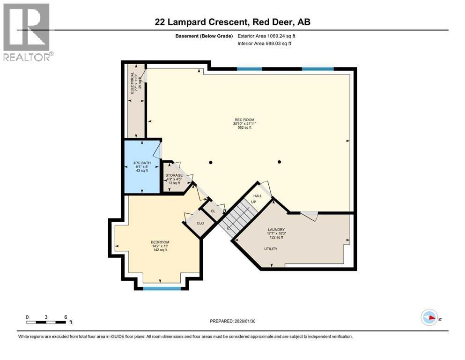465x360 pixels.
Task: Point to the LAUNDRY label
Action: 276,230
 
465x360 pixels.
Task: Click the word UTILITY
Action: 271,249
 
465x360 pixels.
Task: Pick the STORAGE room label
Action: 174,175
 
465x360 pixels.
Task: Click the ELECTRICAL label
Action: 132,82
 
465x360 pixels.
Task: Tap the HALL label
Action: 258,196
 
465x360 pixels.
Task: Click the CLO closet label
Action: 199,223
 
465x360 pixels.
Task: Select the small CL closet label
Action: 213,211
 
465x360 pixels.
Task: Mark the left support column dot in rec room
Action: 211,163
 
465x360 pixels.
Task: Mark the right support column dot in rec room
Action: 280,162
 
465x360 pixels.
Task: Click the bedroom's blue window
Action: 162,288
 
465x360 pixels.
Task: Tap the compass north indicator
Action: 429,317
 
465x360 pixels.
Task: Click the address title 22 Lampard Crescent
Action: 233,22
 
